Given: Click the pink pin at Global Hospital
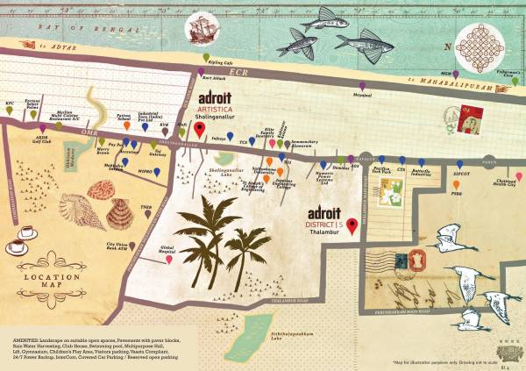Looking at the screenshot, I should pos(168,259).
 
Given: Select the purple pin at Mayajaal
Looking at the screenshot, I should pos(356,86).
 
